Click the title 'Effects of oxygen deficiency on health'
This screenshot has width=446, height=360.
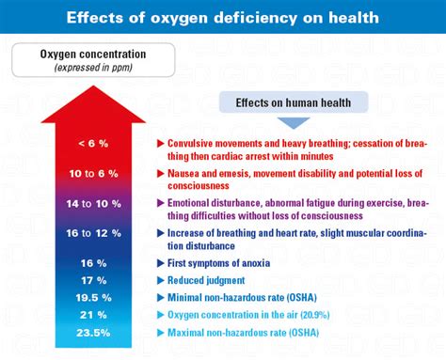pos(223,16)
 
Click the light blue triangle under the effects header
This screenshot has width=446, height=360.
pos(284,120)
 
